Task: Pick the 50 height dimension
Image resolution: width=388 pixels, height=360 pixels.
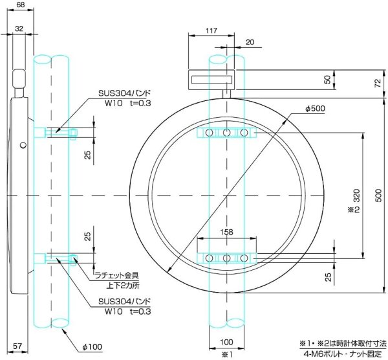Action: (328, 80)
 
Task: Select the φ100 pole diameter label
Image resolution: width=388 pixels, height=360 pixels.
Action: (92, 348)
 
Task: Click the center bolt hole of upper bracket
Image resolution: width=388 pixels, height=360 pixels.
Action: (227, 133)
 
